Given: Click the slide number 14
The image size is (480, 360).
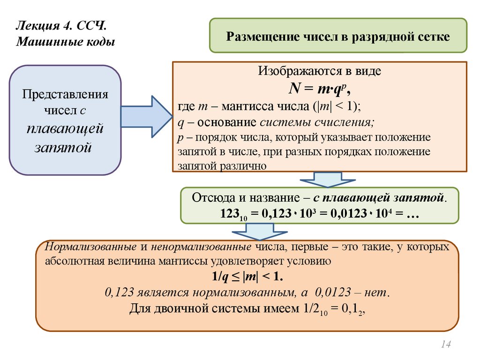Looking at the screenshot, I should [445, 345].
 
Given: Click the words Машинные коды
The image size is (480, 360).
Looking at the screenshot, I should [66, 42].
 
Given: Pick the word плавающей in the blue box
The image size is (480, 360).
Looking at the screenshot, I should [65, 129].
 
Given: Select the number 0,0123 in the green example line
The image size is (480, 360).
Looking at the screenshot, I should [346, 213].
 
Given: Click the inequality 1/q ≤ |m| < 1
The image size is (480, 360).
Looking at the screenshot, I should [247, 277].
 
